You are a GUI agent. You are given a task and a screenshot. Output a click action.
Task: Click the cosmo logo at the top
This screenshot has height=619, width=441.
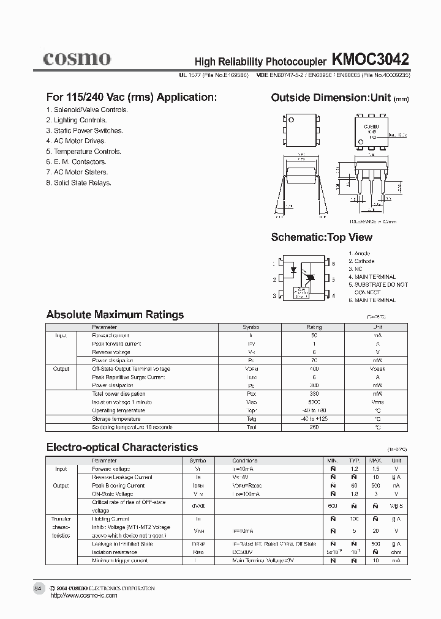tap(77, 59)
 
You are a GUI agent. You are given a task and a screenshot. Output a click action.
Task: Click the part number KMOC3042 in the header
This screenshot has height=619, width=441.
tap(371, 60)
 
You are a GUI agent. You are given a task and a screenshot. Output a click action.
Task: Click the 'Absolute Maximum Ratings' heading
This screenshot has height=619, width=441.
tap(115, 315)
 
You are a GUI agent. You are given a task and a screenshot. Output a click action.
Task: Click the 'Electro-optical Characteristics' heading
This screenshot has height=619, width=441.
tap(122, 447)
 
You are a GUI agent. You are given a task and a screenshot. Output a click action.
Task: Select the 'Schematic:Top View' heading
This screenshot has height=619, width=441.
tap(322, 237)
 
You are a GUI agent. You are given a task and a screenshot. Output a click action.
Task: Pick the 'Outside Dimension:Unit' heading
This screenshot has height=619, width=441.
tap(331, 98)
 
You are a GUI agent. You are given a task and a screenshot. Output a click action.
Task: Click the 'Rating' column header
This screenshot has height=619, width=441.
tap(314, 327)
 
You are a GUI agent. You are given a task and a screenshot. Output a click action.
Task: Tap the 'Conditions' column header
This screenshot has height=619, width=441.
tap(245, 461)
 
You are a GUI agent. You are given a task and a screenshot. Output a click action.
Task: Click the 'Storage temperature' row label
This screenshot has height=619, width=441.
tap(116, 419)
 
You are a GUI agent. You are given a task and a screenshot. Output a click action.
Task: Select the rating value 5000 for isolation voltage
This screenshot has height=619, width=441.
tap(314, 402)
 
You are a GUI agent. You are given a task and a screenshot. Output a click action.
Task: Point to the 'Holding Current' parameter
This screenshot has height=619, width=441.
tap(111, 519)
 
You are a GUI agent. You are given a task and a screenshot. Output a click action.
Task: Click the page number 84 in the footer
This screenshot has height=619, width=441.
tap(38, 588)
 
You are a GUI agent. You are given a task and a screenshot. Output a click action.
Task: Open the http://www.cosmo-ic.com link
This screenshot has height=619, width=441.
tap(83, 596)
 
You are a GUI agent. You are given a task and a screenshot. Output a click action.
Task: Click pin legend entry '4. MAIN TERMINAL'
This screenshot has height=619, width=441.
tap(372, 277)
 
